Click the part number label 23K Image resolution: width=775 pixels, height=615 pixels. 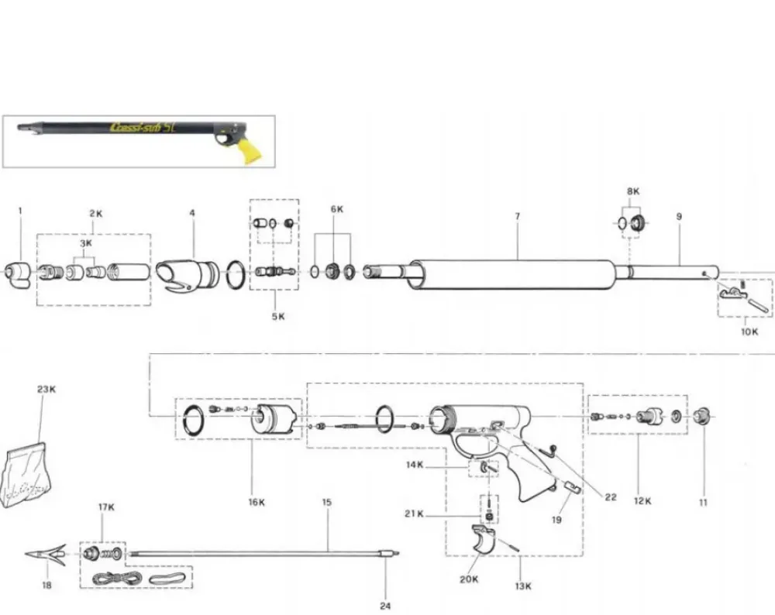coord(46,390)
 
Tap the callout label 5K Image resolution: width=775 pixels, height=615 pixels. coord(278,316)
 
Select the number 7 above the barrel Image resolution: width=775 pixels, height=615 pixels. coord(518,216)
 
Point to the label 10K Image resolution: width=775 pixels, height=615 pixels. coord(749,332)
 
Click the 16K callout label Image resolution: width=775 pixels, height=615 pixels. coord(257,503)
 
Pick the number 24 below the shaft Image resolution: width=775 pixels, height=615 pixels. coord(385,606)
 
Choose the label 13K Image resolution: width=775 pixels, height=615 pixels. coord(523,586)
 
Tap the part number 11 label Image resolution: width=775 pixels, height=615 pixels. coord(704,503)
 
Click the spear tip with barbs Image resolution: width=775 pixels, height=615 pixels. coord(46,555)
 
